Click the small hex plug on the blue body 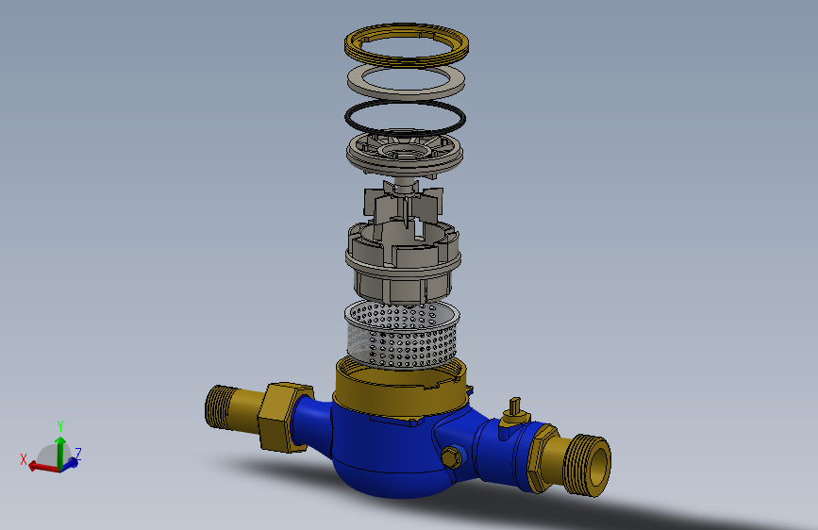pos(452,458)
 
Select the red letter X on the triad pos(24,459)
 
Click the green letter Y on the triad pos(60,425)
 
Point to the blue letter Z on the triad pos(78,454)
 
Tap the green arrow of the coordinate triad pos(60,447)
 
